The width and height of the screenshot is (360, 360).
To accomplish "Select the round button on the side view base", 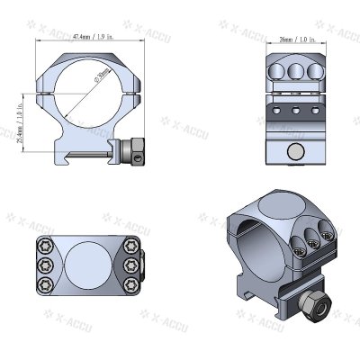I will tap(293, 150).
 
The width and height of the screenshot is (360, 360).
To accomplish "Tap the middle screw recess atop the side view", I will tap(293, 69).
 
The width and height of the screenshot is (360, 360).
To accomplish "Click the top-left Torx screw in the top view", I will tap(44, 247).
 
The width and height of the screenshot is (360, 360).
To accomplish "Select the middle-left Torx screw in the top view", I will tap(44, 264).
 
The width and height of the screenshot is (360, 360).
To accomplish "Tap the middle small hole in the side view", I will tap(293, 113).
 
